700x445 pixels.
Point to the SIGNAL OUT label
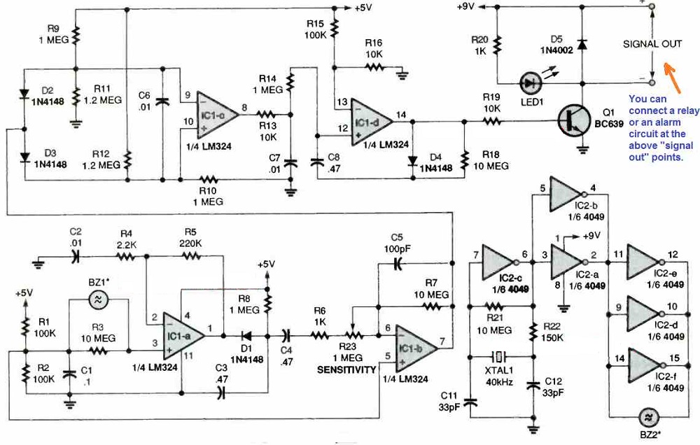click(652, 44)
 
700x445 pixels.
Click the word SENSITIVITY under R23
click(347, 369)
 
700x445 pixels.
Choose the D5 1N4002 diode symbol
click(582, 43)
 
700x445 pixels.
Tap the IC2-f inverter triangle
click(645, 363)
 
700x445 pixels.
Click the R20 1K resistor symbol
click(497, 43)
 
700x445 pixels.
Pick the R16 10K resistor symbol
click(374, 68)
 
